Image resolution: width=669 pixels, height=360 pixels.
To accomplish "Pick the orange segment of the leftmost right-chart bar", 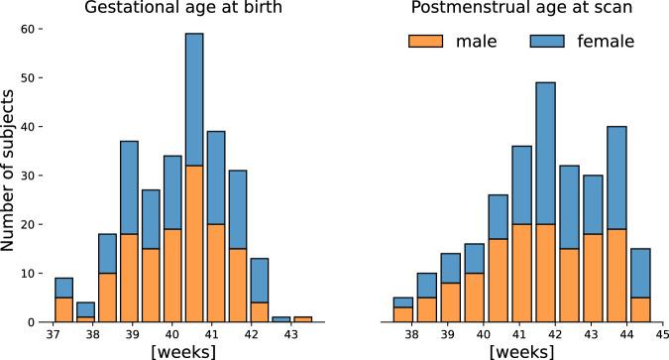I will pos(403,315).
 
